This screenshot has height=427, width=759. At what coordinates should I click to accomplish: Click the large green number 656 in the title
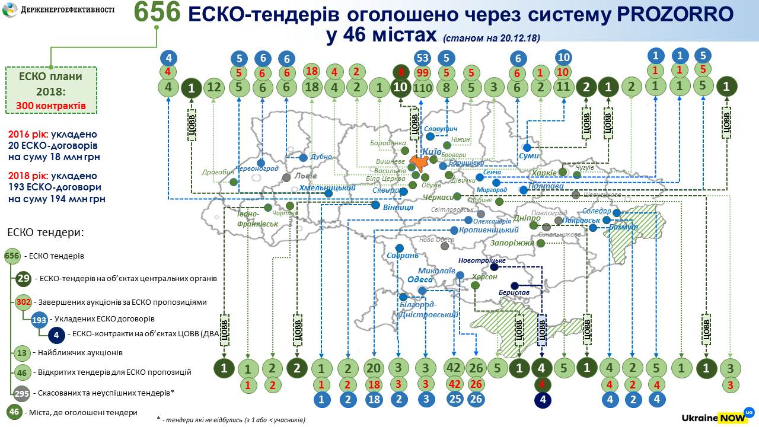pyautogui.click(x=157, y=14)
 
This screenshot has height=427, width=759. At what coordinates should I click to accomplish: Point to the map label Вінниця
pyautogui.click(x=397, y=208)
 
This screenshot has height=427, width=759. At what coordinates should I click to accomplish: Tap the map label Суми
pyautogui.click(x=528, y=155)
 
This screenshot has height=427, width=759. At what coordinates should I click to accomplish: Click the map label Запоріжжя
pyautogui.click(x=511, y=243)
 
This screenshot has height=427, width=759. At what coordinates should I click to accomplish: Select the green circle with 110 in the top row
pyautogui.click(x=422, y=88)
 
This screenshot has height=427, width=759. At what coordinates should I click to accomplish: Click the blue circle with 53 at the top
pyautogui.click(x=423, y=58)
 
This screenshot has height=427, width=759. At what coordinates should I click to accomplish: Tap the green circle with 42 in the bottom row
pyautogui.click(x=454, y=368)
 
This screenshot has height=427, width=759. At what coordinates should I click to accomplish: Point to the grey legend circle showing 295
pyautogui.click(x=23, y=393)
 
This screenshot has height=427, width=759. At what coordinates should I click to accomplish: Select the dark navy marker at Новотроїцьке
pyautogui.click(x=494, y=267)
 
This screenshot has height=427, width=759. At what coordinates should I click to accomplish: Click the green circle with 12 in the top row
pyautogui.click(x=215, y=88)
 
